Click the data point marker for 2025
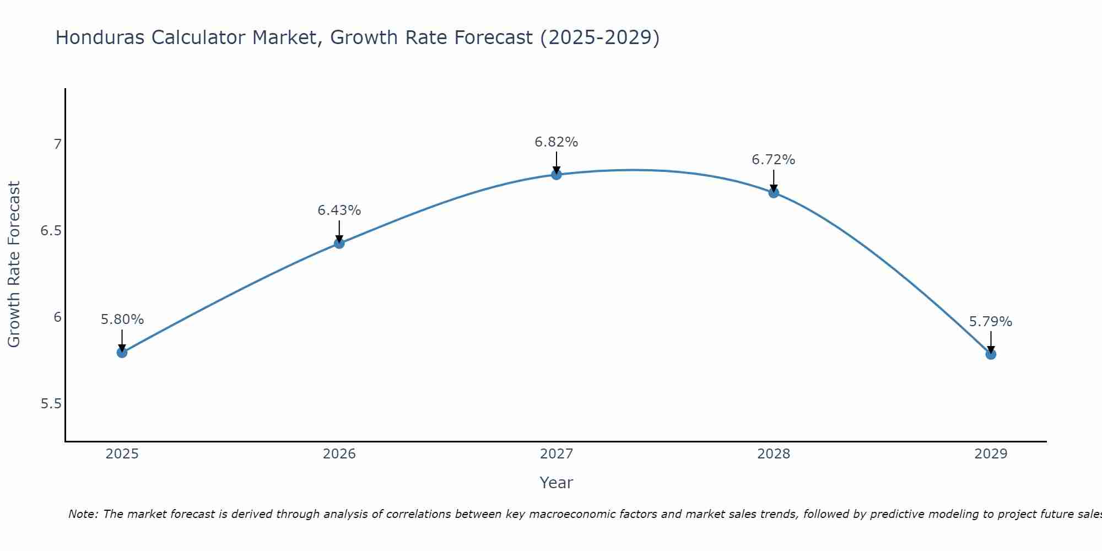(122, 352)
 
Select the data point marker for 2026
(339, 243)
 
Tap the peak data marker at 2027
(556, 175)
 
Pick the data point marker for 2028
(773, 192)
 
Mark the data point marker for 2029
(990, 354)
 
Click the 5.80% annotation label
(122, 320)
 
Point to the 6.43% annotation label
(339, 210)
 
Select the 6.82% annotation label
(556, 142)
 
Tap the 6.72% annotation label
(773, 160)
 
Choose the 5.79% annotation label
(990, 322)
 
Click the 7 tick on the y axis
(57, 144)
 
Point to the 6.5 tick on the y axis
(51, 231)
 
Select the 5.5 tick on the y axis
(51, 404)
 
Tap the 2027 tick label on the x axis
(556, 454)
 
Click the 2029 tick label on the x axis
(990, 454)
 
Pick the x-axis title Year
(556, 483)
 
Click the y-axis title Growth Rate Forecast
(14, 264)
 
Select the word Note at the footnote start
(83, 514)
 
